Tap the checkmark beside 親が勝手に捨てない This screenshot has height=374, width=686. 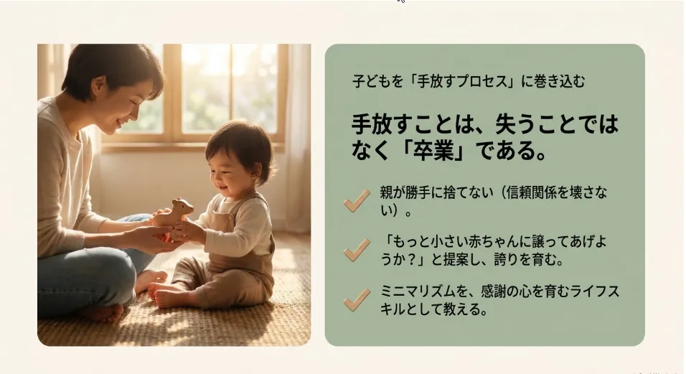coord(357,201)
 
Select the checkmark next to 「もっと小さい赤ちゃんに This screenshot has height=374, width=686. coord(357,251)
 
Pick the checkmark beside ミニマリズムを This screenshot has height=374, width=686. coord(357,299)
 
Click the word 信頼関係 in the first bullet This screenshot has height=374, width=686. coord(531,192)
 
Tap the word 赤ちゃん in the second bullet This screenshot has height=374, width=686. coord(492,242)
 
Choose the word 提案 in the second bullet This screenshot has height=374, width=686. coord(456,260)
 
